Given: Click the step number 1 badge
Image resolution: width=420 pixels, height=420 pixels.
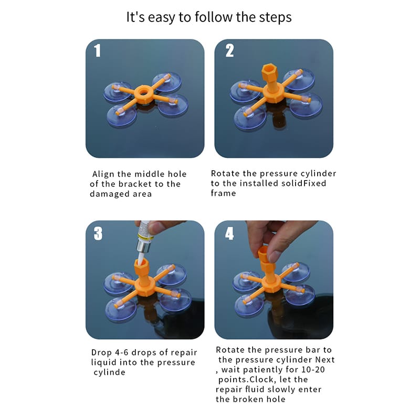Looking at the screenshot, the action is coord(97,50).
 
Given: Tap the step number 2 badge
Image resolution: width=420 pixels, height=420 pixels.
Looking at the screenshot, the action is coord(229,50).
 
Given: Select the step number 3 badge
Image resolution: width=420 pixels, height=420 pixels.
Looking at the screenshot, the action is coord(98,233).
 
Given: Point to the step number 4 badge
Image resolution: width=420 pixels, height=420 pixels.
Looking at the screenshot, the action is coord(229,233).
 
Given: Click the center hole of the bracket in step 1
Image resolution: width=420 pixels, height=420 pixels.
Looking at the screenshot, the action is coord(143,92).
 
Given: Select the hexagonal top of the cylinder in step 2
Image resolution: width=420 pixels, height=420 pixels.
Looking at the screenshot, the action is coord(269,70).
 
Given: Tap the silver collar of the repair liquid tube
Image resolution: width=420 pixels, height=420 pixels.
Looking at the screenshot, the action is coord(143,246).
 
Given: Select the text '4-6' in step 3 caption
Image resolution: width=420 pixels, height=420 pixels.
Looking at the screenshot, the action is coord(122,352).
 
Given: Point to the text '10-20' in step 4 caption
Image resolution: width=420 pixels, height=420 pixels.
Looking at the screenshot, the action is coord(313,370).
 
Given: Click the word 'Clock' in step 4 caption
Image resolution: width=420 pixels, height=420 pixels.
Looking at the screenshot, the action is coord(261,380).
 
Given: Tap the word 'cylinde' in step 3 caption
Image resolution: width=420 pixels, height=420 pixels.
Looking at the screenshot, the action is coord(109,372).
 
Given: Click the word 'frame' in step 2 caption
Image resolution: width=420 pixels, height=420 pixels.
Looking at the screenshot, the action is coord(223,193).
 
